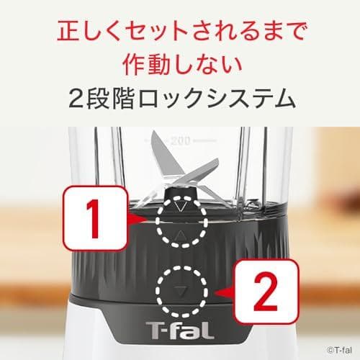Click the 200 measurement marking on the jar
coord(181,140)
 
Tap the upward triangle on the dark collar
coord(181,235)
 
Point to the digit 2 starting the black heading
coord(73,98)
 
